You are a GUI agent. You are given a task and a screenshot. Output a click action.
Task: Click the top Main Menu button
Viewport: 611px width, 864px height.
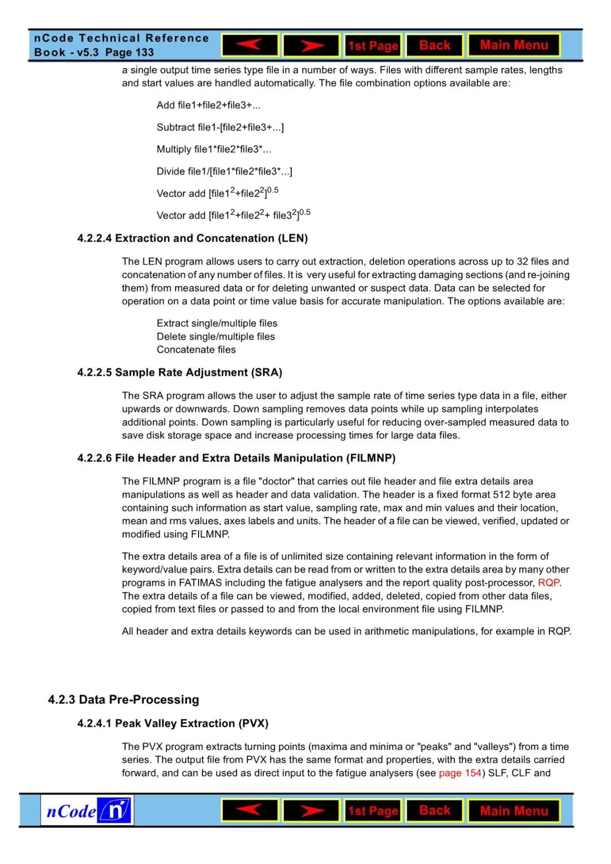point(514,45)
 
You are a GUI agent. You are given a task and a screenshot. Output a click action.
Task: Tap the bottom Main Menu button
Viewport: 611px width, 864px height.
point(514,811)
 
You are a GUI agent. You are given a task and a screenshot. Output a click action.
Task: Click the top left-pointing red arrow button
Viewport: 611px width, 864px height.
point(249,45)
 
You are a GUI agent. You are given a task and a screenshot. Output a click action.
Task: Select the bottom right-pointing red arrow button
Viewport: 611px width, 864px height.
point(311,811)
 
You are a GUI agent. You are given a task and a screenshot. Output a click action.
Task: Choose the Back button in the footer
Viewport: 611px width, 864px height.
point(434,811)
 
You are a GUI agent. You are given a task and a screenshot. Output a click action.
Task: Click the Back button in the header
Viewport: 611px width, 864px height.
point(434,45)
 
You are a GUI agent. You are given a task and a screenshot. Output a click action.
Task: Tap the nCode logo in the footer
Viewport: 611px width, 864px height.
point(87,811)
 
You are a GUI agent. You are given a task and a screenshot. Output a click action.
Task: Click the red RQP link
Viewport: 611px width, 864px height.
point(548,583)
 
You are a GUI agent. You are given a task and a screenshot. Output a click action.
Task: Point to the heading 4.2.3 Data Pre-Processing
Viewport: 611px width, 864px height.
point(123,700)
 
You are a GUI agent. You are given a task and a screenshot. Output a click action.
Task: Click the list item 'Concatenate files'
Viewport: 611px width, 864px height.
point(196,350)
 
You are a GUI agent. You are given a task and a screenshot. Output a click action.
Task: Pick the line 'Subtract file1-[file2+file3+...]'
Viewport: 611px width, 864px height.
point(220,127)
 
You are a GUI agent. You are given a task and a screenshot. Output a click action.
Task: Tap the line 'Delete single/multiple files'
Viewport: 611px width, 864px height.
point(216,337)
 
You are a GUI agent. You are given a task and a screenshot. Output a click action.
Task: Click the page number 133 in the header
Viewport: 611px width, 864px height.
point(145,53)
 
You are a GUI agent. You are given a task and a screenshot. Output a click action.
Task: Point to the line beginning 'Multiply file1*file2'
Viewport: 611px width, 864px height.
point(214,149)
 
